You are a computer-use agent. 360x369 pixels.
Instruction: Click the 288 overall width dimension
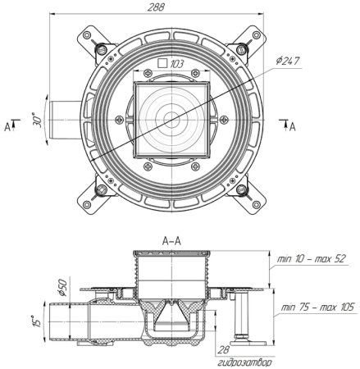(156, 7)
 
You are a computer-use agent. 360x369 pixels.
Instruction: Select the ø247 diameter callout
(288, 61)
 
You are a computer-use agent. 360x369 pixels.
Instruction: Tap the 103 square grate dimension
(177, 64)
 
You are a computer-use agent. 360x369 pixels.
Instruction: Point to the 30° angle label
(38, 120)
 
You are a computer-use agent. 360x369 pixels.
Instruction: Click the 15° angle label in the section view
(38, 321)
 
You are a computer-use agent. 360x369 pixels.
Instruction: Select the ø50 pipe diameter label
(62, 288)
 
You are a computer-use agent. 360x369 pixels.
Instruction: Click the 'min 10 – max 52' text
(312, 258)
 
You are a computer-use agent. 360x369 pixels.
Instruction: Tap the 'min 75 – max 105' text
(317, 307)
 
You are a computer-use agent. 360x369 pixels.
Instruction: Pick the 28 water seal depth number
(224, 349)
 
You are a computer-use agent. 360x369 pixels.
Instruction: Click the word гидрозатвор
(245, 362)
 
